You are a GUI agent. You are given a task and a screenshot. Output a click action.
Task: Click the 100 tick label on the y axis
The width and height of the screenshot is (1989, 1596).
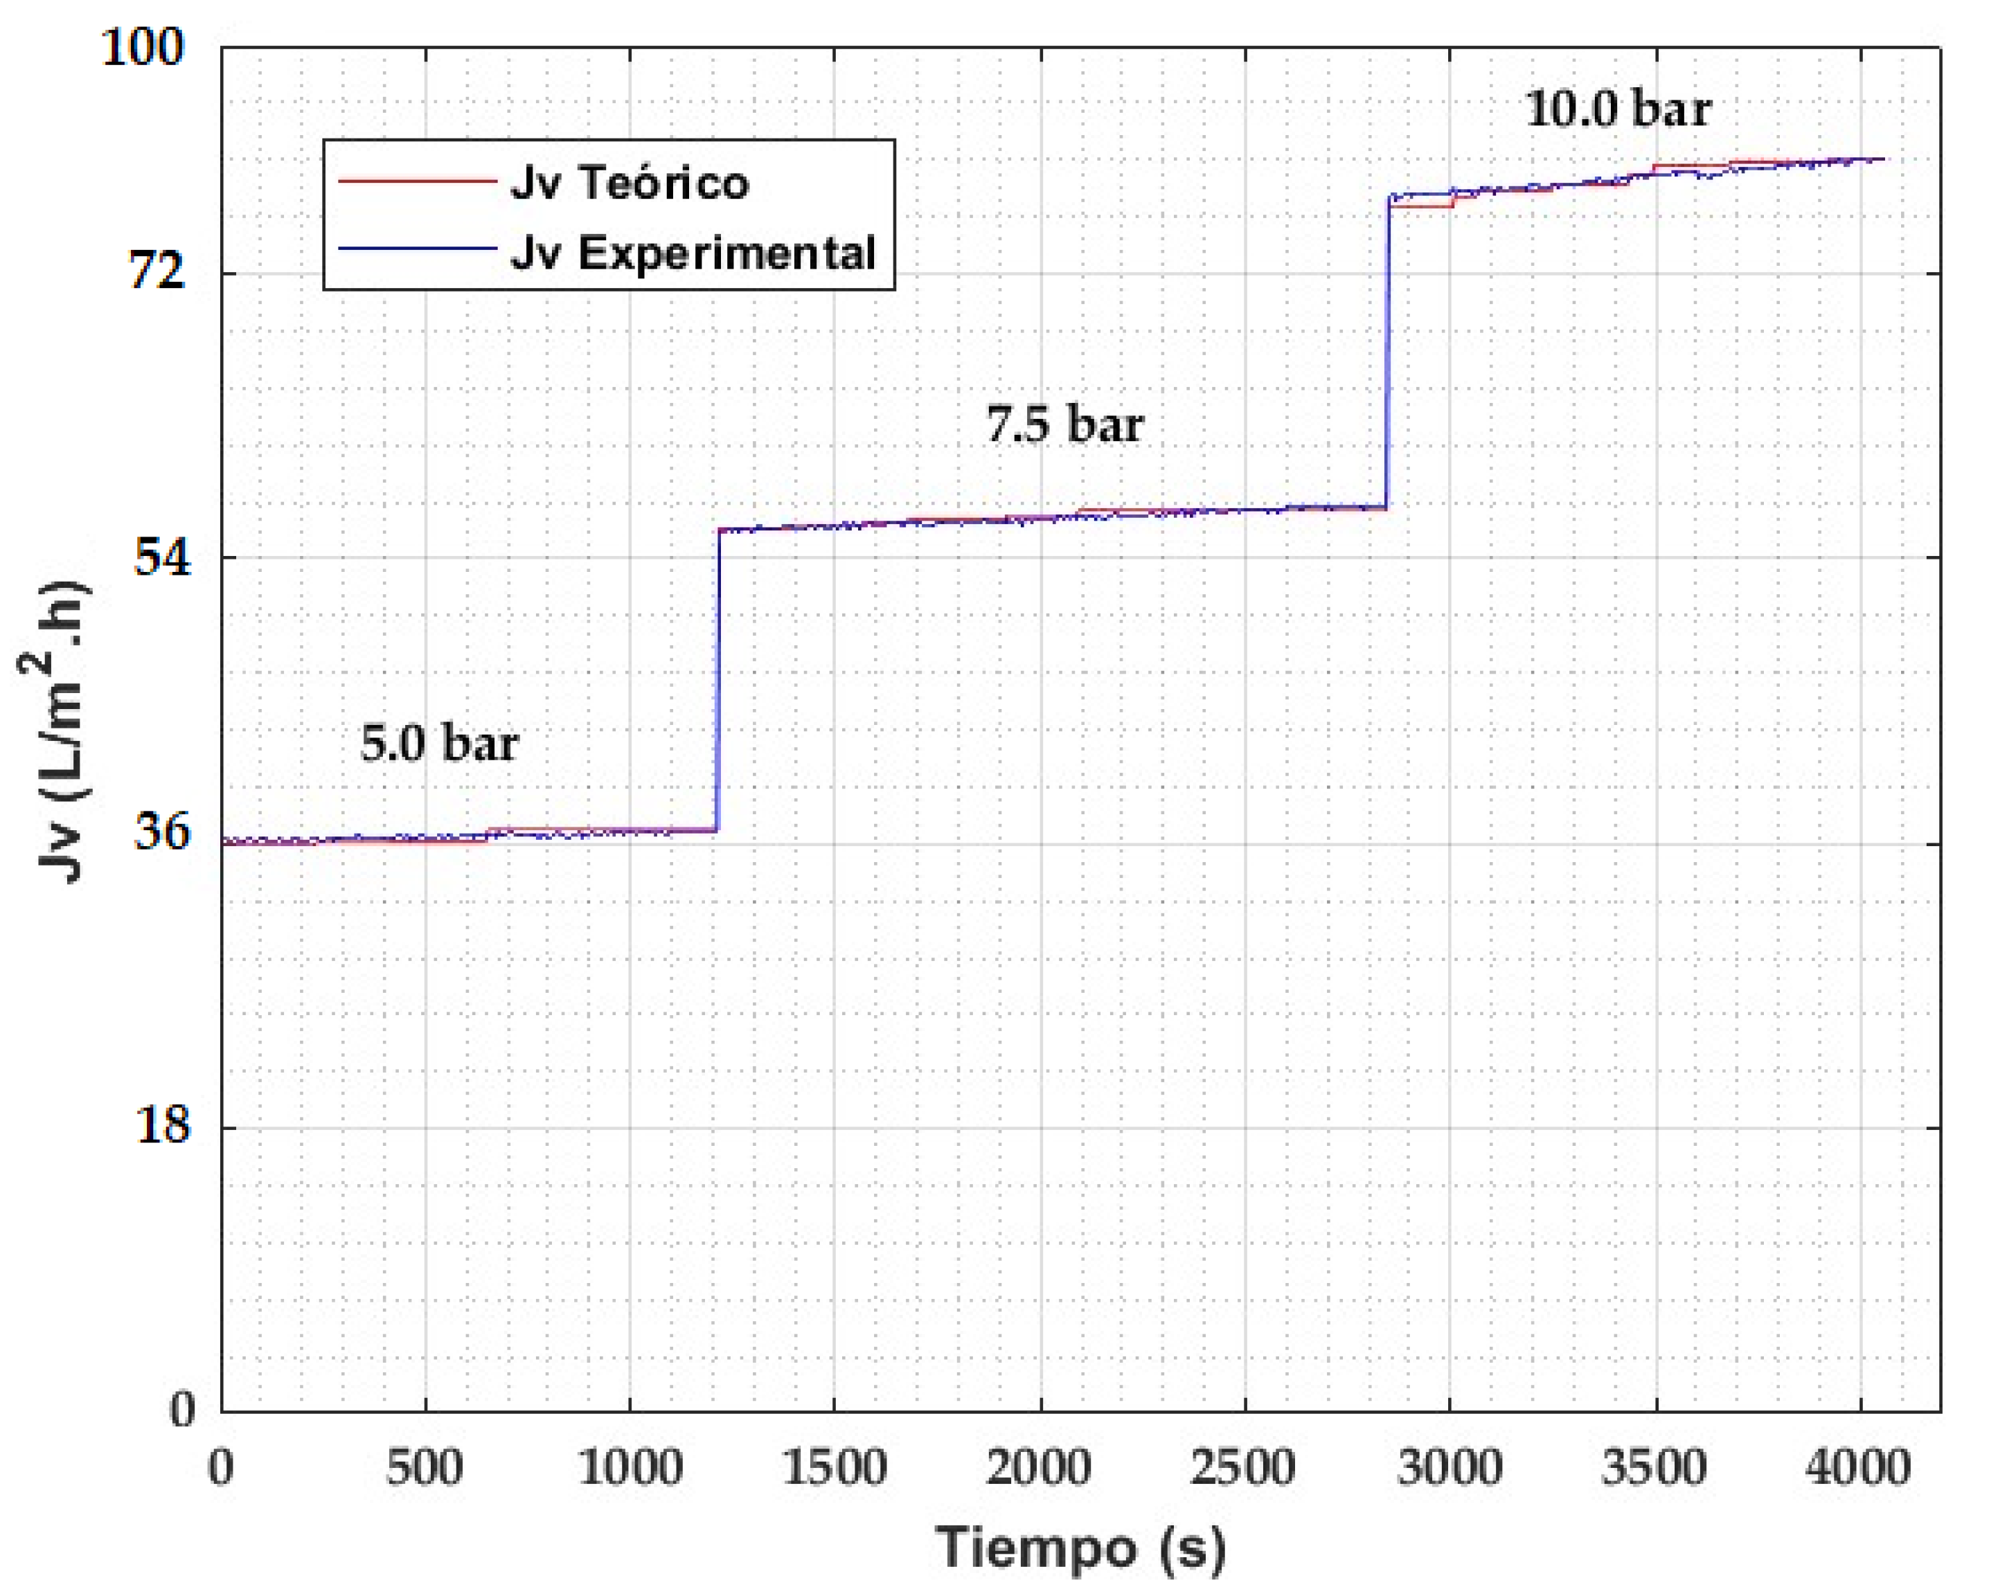click(x=143, y=47)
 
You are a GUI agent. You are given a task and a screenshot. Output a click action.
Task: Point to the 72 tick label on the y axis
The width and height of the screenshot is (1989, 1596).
click(x=157, y=272)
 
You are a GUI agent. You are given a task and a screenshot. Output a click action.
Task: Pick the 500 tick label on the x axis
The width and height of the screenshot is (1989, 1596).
click(x=425, y=1468)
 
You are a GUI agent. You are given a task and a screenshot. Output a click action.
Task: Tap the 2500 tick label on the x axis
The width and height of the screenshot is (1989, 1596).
click(x=1244, y=1468)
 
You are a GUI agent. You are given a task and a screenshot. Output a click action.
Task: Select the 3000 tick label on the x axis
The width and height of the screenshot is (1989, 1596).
click(x=1450, y=1468)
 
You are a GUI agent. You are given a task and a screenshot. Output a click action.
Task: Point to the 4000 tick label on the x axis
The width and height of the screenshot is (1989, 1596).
click(x=1858, y=1468)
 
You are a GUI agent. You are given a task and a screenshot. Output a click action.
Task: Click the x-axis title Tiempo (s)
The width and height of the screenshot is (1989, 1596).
click(x=1081, y=1549)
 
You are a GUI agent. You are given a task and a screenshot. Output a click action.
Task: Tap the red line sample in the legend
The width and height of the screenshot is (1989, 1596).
click(x=417, y=181)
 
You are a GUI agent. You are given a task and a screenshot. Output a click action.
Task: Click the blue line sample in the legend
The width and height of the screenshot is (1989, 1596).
click(x=417, y=248)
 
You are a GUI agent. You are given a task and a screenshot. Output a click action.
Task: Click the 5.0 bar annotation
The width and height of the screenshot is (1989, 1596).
click(x=439, y=744)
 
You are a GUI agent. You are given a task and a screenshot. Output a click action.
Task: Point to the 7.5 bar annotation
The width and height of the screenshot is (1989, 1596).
click(x=1064, y=424)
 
